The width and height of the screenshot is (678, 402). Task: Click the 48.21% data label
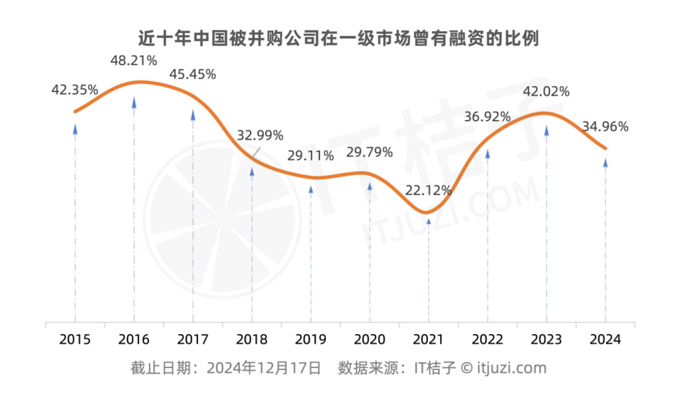(134, 60)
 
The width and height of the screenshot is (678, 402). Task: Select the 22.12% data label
(428, 190)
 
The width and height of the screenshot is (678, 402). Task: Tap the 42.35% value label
(75, 89)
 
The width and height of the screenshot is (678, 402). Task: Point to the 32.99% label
(260, 135)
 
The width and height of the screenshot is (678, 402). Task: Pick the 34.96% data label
(605, 126)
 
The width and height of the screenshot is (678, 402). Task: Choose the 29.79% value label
(369, 152)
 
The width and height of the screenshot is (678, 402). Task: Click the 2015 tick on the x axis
(75, 340)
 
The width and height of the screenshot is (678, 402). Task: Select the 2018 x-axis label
(252, 340)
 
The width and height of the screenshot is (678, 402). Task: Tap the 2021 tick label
(428, 340)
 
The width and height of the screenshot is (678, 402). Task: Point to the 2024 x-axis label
(605, 340)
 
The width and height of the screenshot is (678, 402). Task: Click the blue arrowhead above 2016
(134, 102)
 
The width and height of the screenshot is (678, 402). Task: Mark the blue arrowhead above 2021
(428, 220)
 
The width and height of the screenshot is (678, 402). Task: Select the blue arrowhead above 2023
(546, 129)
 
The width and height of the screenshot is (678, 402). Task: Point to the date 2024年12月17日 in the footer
(264, 368)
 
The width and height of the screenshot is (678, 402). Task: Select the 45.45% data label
(193, 75)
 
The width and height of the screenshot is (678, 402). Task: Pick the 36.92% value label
(487, 117)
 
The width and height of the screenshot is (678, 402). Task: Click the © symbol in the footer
(466, 368)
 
